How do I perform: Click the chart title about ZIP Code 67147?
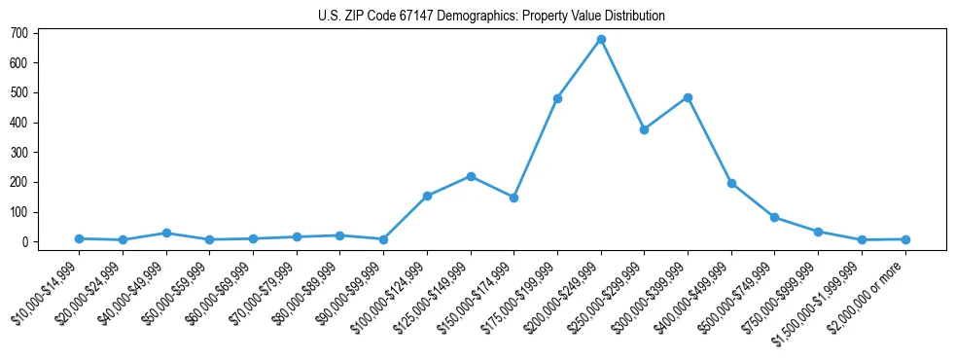[491, 16]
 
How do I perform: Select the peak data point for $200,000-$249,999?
[601, 40]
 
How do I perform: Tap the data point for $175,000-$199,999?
[557, 98]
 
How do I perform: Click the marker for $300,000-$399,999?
[688, 97]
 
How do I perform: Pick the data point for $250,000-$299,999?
[644, 129]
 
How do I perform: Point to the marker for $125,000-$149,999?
[471, 176]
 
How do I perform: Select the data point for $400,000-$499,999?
[731, 183]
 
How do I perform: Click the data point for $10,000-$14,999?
[79, 238]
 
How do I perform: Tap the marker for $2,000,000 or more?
[905, 239]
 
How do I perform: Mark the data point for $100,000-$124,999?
[427, 196]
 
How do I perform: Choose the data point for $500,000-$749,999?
[774, 217]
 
